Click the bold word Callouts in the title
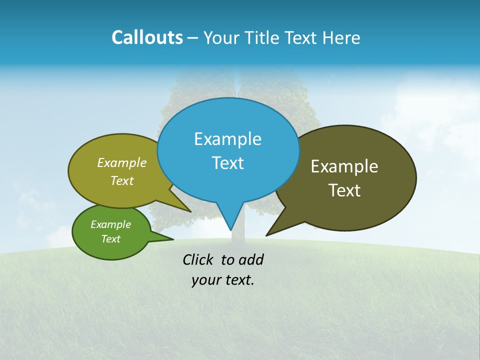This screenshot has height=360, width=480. (x=147, y=37)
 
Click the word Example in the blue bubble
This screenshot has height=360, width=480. (x=227, y=139)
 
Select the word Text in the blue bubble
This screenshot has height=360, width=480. (x=227, y=163)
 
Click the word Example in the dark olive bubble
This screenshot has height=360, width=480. (x=344, y=166)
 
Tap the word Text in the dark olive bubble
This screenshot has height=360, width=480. (x=344, y=190)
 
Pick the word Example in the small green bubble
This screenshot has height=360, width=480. (x=110, y=224)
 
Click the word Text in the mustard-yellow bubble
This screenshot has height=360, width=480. (x=122, y=181)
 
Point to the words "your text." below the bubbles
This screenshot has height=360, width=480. (x=223, y=280)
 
